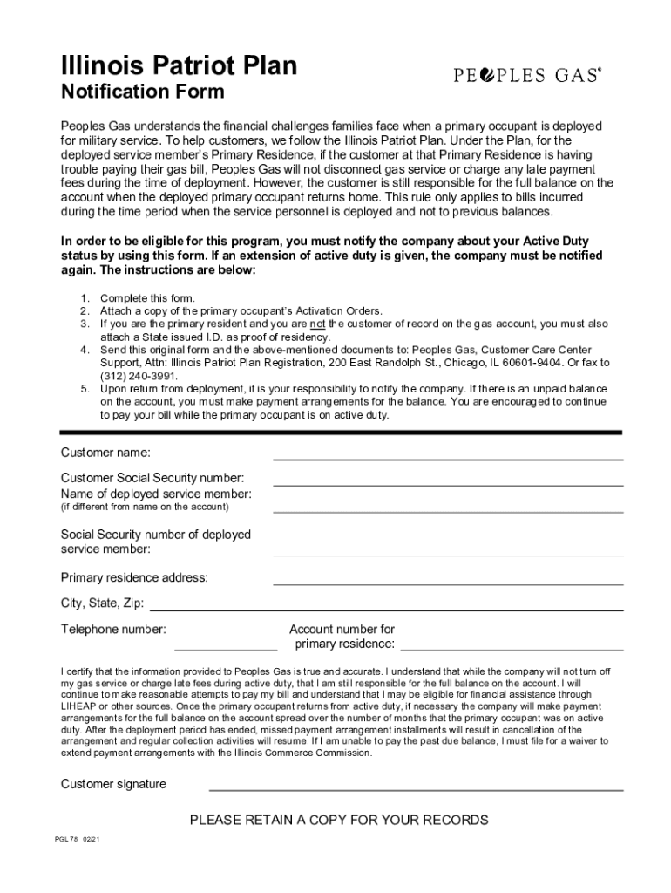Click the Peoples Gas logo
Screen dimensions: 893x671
click(527, 76)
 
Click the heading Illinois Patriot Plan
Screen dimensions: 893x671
click(179, 65)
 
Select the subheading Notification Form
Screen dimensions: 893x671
click(142, 92)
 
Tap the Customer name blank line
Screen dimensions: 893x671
click(448, 458)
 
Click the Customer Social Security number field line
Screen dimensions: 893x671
click(448, 484)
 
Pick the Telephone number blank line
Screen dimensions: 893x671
click(226, 650)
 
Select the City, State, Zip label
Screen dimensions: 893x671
click(102, 603)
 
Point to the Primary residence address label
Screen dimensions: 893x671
click(134, 577)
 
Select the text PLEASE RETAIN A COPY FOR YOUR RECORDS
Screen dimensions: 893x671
click(339, 820)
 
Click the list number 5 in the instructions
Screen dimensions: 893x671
click(85, 387)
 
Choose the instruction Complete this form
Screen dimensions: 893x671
click(148, 298)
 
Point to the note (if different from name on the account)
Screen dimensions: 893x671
click(145, 507)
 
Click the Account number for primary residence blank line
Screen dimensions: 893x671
click(512, 650)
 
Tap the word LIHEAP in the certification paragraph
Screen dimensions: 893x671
click(78, 706)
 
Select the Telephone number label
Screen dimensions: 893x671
click(113, 630)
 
